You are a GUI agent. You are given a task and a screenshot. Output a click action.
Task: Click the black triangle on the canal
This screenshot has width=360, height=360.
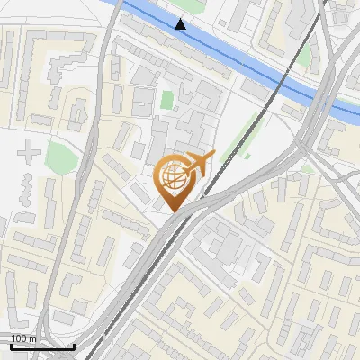click(x=182, y=24)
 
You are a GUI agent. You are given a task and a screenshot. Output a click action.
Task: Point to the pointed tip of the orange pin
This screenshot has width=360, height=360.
click(x=175, y=211)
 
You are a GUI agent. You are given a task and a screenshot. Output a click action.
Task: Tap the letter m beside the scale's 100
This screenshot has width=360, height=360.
click(x=32, y=338)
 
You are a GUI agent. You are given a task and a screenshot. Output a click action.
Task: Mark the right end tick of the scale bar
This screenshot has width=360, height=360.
click(x=73, y=344)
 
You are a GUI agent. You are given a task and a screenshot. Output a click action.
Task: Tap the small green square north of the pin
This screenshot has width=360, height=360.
click(x=166, y=99)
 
